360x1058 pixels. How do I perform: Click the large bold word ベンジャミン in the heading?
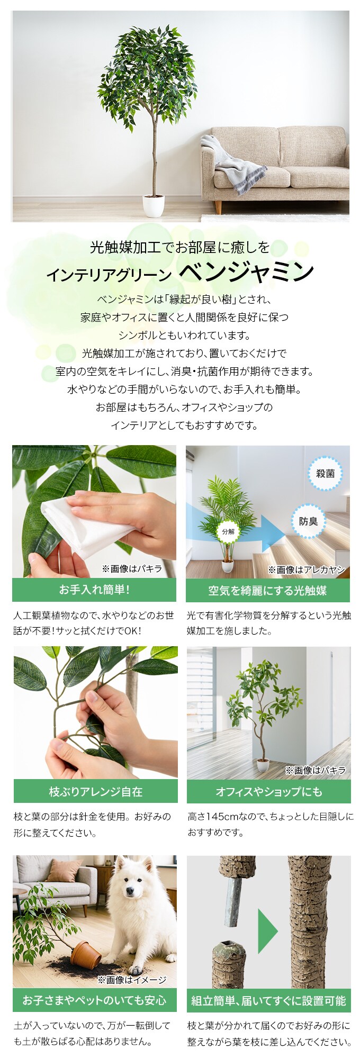247,273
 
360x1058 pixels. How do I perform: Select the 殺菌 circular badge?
325,474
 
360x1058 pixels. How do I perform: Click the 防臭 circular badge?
308,521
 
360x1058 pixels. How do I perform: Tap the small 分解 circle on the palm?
228,531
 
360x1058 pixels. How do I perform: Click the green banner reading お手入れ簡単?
94,590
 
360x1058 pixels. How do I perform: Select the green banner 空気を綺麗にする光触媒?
267,590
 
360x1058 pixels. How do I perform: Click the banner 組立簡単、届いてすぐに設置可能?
268,1000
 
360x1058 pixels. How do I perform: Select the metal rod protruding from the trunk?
233,907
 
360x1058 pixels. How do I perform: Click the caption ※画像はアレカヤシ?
306,569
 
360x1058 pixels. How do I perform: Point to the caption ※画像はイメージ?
132,980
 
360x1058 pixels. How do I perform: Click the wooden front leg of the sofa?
218,206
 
